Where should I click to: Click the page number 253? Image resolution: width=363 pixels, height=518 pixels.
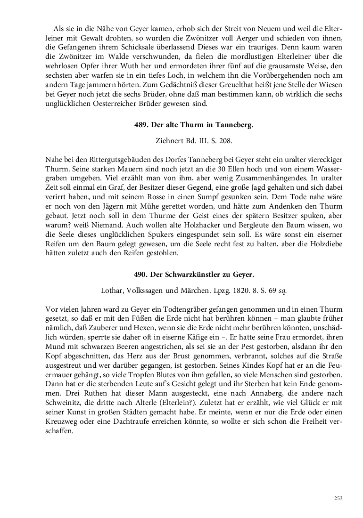[338, 498]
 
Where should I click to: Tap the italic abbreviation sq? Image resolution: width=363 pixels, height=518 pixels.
[283, 291]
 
